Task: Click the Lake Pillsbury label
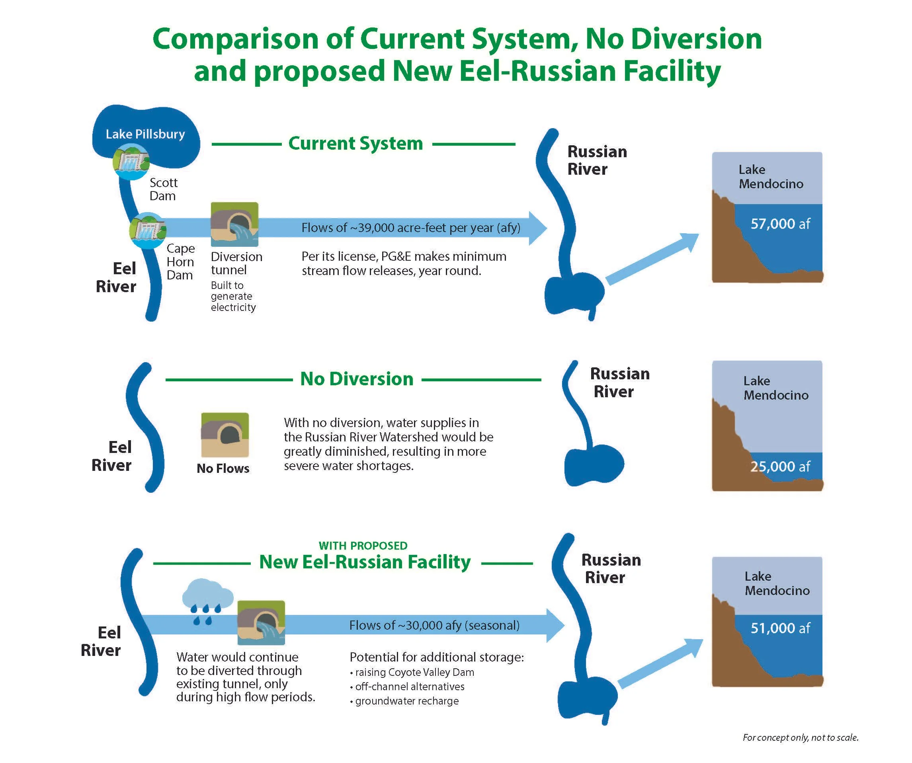pyautogui.click(x=145, y=134)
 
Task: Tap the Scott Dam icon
pyautogui.click(x=131, y=161)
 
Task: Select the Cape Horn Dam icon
pyautogui.click(x=148, y=230)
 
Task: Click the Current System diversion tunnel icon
pyautogui.click(x=234, y=224)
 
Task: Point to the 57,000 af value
pyautogui.click(x=780, y=224)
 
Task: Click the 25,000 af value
pyautogui.click(x=780, y=466)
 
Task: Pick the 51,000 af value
pyautogui.click(x=780, y=628)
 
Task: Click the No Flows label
pyautogui.click(x=223, y=468)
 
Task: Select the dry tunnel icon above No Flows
pyautogui.click(x=225, y=435)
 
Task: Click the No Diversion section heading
pyautogui.click(x=357, y=379)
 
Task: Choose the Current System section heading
pyautogui.click(x=355, y=143)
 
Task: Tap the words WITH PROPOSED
pyautogui.click(x=363, y=545)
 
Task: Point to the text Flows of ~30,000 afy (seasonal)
pyautogui.click(x=434, y=625)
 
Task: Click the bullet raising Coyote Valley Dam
pyautogui.click(x=412, y=672)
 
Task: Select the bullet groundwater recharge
pyautogui.click(x=404, y=701)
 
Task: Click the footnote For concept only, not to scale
pyautogui.click(x=801, y=738)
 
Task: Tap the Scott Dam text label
pyautogui.click(x=163, y=189)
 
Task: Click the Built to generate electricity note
pyautogui.click(x=233, y=296)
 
